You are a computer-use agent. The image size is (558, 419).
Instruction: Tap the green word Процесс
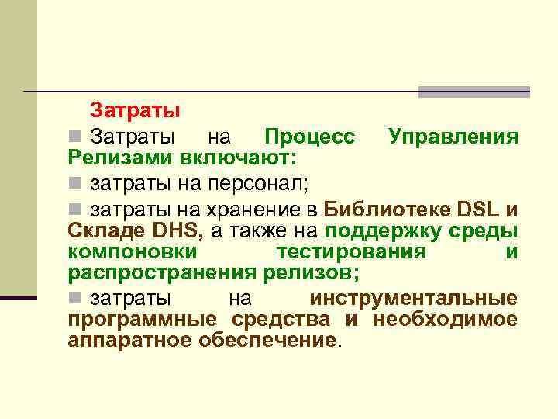(x=310, y=137)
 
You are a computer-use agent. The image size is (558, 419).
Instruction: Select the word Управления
(x=453, y=138)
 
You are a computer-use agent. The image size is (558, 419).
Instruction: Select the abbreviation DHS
(x=177, y=230)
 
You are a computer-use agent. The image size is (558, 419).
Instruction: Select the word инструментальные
(x=413, y=299)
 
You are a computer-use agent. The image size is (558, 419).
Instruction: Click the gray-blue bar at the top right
(x=474, y=92)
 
